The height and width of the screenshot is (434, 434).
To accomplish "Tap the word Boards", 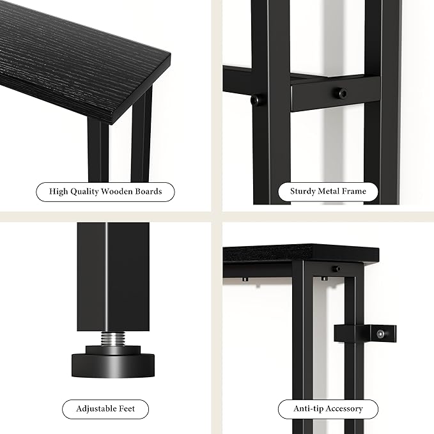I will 148,191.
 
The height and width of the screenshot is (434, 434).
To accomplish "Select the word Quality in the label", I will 83,191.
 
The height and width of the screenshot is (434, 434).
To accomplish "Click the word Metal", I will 330,191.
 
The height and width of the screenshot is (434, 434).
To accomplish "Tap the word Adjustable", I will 96,408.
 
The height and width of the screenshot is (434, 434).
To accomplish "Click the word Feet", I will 127,408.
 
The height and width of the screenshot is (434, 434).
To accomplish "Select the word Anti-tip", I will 307,408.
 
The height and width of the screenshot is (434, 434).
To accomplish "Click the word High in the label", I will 58,191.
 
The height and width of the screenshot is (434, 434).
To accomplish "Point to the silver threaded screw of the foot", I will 113,340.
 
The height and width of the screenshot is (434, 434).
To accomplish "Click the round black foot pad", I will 112,364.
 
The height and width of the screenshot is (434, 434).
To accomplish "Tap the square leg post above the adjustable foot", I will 113,275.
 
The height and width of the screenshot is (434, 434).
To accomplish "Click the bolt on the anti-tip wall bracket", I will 380,333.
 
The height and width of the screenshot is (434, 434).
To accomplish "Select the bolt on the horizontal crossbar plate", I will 342,93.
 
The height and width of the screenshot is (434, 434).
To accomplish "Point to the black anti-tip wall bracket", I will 366,334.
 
